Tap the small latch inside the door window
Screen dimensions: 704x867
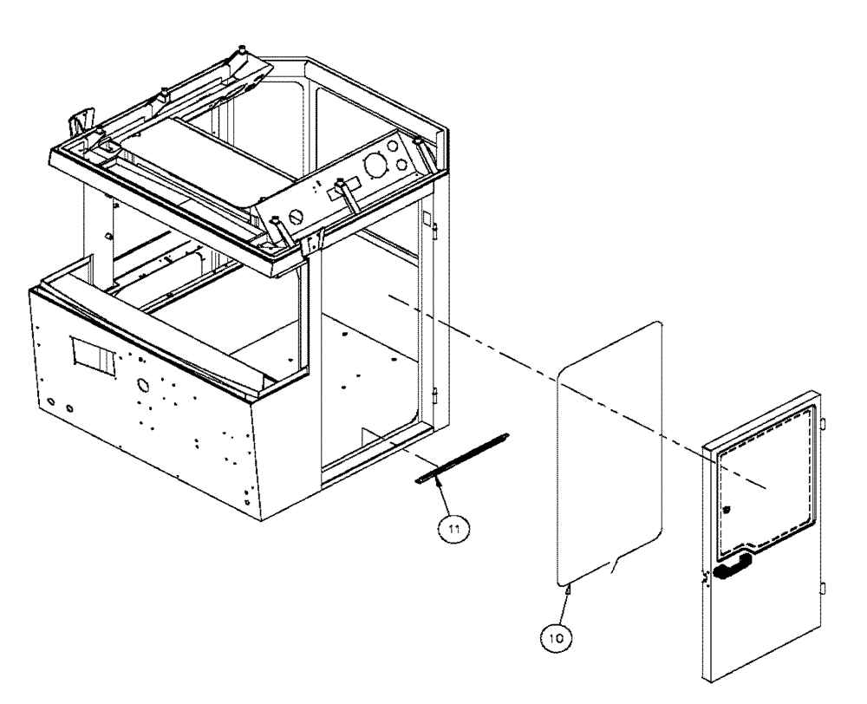click(727, 511)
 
